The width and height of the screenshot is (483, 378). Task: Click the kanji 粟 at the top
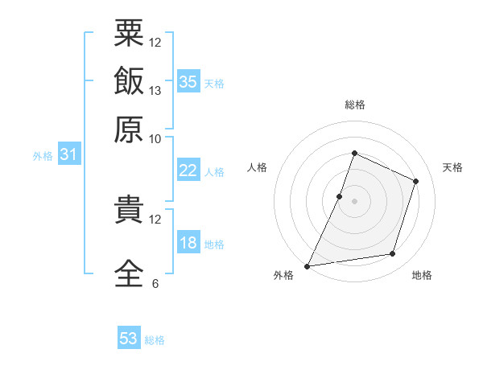point(129,33)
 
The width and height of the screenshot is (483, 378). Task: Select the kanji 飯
point(129,80)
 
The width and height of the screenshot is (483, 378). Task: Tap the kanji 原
point(129,129)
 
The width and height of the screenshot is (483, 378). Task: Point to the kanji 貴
point(129,208)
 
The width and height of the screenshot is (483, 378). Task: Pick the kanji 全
point(129,273)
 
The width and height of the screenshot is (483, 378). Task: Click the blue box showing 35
point(188,81)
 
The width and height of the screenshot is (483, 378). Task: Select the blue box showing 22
point(188,170)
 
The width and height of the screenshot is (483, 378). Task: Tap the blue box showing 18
point(188,241)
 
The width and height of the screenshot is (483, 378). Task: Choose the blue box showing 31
point(69,154)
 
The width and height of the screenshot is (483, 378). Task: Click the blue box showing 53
point(129,337)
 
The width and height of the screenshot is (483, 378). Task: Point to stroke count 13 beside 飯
point(155,91)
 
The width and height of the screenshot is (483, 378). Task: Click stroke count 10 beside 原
point(155,139)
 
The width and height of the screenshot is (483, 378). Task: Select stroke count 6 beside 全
point(155,283)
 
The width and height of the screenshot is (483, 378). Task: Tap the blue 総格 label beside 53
point(155,340)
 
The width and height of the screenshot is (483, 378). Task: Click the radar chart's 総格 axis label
point(355,105)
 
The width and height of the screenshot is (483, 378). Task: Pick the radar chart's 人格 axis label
point(257,167)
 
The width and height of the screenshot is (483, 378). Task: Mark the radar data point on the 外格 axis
point(307,266)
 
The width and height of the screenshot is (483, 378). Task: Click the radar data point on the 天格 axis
point(415,181)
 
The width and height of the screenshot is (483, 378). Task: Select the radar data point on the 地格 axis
point(393,253)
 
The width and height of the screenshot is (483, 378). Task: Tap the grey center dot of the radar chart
point(354,201)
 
